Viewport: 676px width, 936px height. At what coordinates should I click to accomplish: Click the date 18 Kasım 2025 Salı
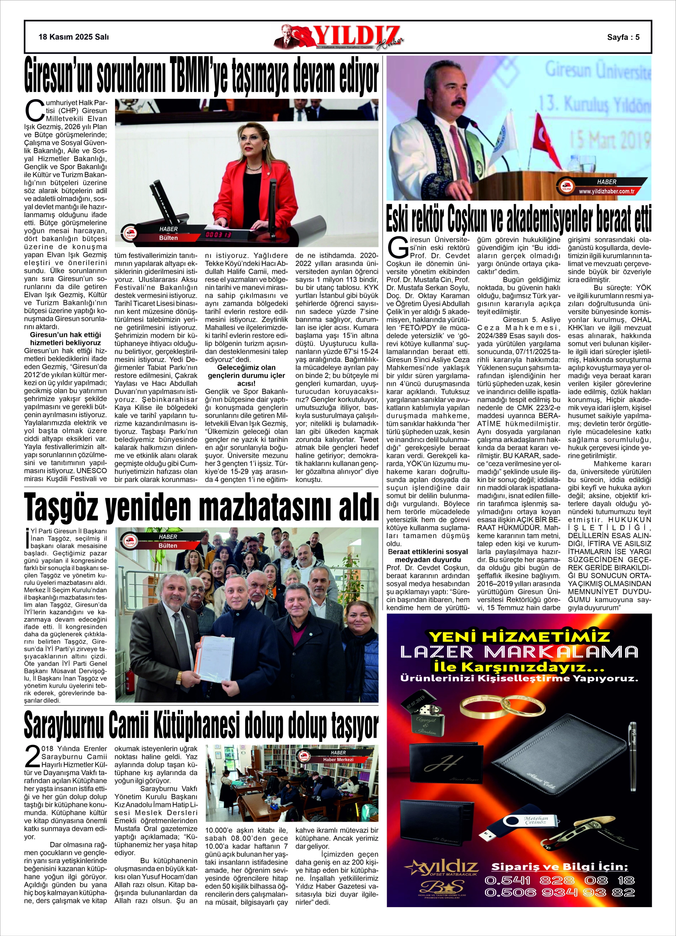pos(73,37)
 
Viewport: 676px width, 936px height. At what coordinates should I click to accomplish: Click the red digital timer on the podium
pos(219,235)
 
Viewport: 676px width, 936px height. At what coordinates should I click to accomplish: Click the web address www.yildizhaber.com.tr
pos(606,191)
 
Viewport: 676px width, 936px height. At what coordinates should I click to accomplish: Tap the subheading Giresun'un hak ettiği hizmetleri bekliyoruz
pos(65,338)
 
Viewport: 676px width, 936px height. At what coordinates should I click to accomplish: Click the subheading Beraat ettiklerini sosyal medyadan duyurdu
pos(428,556)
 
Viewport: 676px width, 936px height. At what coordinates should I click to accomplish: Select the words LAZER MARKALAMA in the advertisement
pos(519,652)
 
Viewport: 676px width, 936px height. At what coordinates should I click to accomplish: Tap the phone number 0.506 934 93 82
pos(560,893)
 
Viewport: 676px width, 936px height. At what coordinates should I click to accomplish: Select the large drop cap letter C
pos(32,109)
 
